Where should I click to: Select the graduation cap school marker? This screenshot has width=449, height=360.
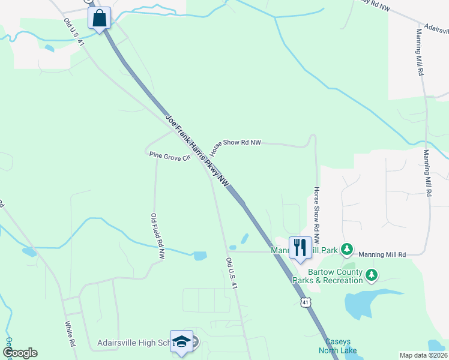tap(181, 341)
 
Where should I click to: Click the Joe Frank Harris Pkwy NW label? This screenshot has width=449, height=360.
tap(197, 150)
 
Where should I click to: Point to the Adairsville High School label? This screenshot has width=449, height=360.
tap(133, 343)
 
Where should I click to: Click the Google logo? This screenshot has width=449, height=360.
tap(20, 352)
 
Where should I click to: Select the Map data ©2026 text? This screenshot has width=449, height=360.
tap(423, 355)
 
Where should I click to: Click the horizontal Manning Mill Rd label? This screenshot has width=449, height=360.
tap(382, 254)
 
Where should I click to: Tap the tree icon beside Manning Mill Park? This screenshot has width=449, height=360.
tap(346, 248)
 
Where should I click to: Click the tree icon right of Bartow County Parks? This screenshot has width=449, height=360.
tap(372, 275)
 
